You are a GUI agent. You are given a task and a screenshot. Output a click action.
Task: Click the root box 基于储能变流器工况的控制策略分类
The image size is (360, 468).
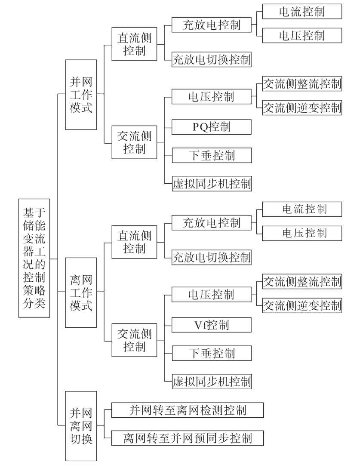pyautogui.click(x=34, y=258)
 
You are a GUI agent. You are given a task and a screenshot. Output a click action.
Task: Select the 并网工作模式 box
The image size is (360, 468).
pyautogui.click(x=81, y=95)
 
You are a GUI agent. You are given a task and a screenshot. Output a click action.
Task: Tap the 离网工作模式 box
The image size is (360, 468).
pyautogui.click(x=81, y=292)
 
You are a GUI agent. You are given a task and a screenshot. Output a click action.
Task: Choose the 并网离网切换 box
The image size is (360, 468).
pyautogui.click(x=81, y=426)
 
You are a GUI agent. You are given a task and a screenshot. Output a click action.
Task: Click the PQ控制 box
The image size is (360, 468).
pyautogui.click(x=211, y=127)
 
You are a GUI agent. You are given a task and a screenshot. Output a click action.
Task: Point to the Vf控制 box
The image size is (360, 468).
pyautogui.click(x=211, y=325)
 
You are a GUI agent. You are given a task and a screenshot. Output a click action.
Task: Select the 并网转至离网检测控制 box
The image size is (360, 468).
pyautogui.click(x=188, y=410)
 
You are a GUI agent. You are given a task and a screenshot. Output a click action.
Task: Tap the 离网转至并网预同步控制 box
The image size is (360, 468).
pyautogui.click(x=188, y=438)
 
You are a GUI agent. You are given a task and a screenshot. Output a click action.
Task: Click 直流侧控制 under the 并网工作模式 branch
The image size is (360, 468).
pyautogui.click(x=134, y=44)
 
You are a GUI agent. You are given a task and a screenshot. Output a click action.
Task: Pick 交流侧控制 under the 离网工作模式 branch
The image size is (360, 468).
pyautogui.click(x=134, y=340)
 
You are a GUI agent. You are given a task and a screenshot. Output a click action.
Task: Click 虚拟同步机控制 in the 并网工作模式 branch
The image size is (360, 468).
pyautogui.click(x=212, y=184)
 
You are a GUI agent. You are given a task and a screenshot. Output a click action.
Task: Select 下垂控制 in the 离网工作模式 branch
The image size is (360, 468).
pyautogui.click(x=212, y=353)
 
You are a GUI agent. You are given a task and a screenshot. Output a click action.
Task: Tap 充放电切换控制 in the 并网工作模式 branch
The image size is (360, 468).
pyautogui.click(x=211, y=59)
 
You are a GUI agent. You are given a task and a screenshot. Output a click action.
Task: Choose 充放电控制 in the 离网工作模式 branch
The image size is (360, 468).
pyautogui.click(x=211, y=223)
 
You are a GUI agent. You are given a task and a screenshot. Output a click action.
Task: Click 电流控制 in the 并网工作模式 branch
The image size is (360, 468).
pyautogui.click(x=302, y=11)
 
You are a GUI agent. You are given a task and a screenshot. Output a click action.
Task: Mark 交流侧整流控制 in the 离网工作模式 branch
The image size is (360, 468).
pyautogui.click(x=302, y=281)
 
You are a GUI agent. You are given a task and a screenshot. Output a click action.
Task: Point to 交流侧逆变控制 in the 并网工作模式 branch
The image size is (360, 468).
pyautogui.click(x=302, y=108)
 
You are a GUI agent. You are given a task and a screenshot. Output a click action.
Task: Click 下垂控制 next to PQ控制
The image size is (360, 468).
pyautogui.click(x=212, y=155)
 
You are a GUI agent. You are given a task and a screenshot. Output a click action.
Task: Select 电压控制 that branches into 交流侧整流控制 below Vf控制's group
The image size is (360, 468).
pyautogui.click(x=211, y=295)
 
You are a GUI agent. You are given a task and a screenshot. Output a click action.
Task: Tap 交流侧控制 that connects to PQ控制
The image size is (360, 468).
pyautogui.click(x=134, y=142)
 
